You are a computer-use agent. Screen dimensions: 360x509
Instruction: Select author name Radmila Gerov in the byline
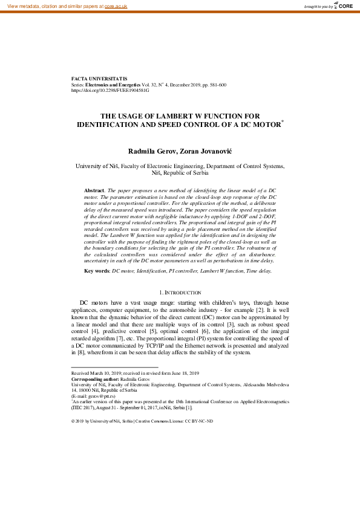click(151, 150)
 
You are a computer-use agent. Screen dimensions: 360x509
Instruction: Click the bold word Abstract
click(94, 190)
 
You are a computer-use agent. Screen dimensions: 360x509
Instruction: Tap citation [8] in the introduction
click(77, 351)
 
